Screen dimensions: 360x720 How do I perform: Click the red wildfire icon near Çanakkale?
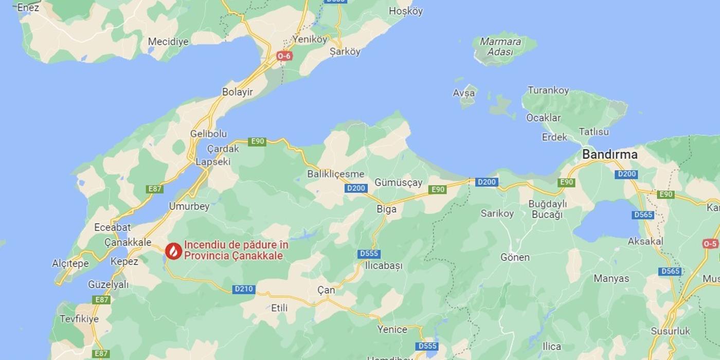point(173,251)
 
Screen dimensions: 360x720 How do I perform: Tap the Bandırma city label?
point(609,154)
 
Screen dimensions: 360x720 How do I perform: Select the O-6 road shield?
point(284,56)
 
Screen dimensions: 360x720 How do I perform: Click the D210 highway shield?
point(244,289)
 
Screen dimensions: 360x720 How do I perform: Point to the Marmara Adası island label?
point(500,46)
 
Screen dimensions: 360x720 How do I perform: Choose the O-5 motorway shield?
point(710,243)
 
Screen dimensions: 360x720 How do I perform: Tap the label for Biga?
point(386,209)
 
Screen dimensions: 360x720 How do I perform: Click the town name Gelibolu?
point(208,134)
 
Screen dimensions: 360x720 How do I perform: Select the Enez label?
point(28,8)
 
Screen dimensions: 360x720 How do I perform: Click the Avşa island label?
point(464,93)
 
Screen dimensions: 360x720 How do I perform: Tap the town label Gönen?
point(515,257)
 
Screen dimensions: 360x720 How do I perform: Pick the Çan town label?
point(326,290)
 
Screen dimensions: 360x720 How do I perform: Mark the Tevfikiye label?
point(79,319)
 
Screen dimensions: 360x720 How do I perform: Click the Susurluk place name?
point(670,331)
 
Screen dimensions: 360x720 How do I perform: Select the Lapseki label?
point(213,161)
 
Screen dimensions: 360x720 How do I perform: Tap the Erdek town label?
point(554,137)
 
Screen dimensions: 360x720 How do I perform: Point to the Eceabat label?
point(112,227)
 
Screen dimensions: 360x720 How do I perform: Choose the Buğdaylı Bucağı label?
point(547,209)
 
